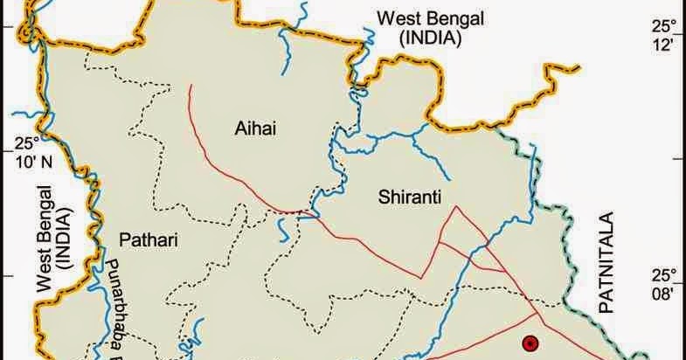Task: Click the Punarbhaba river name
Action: pos(118,306)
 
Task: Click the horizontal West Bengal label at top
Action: pos(419,17)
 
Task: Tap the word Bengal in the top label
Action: pos(440,17)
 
